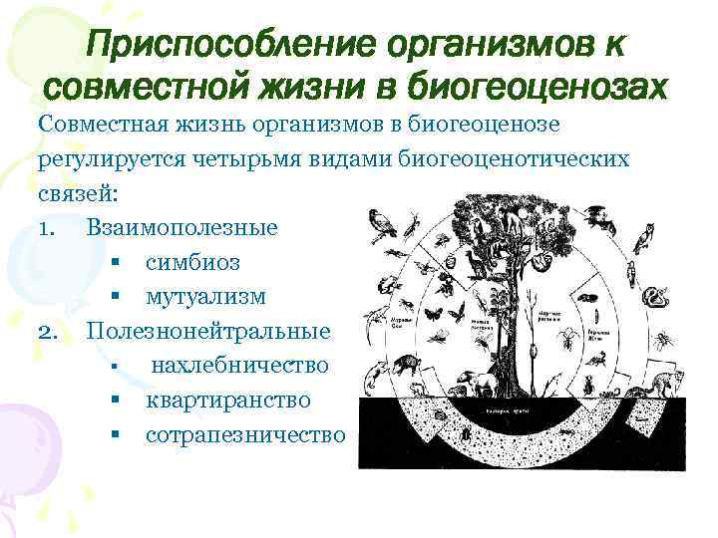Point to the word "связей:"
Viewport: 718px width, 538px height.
71,193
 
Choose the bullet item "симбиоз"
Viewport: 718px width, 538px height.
192,263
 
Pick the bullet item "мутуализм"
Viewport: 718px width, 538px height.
205,297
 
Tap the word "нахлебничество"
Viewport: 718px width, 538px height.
239,366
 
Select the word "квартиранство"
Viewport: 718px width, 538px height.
227,400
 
